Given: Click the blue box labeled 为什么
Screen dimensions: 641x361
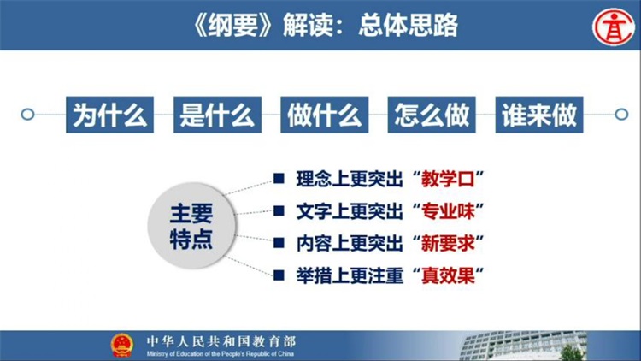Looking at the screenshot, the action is click(109, 115).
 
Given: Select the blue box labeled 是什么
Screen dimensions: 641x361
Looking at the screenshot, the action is click(217, 115).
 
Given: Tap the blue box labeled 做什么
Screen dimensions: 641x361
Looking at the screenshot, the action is click(325, 115).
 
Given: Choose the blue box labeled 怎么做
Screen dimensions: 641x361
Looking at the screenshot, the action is click(432, 115).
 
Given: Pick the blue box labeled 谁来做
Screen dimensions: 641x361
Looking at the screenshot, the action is click(539, 115).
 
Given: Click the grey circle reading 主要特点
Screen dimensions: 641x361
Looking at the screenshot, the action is click(191, 226).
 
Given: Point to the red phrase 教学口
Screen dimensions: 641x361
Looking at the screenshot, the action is click(448, 179).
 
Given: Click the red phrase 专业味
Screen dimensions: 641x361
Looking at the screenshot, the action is click(448, 211).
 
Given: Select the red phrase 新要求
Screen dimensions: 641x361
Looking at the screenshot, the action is click(448, 244).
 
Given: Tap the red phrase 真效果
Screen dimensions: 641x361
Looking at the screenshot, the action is click(448, 275).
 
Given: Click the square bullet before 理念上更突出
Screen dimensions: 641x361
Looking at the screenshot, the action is click(279, 179).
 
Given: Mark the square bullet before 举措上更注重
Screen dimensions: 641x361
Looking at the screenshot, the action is click(279, 275).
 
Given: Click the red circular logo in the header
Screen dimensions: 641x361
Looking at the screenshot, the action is click(614, 27).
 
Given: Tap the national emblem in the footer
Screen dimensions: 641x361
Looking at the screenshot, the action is click(122, 345).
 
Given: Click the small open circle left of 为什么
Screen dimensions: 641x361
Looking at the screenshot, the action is click(27, 114).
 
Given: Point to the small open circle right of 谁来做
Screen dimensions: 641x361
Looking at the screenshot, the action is click(621, 114).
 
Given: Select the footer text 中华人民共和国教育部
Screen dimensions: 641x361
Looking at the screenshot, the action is click(221, 342).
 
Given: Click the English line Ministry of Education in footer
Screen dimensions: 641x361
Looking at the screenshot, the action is click(220, 354).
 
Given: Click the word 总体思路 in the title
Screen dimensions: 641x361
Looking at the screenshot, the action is click(408, 25).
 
